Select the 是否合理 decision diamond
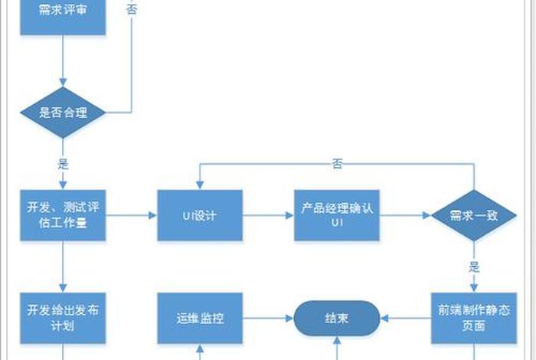[x=62, y=113]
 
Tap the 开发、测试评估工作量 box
[x=62, y=215]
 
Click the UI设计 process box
[x=199, y=215]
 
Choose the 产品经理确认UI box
[x=336, y=215]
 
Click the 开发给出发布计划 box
[x=62, y=317]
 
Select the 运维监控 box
[x=199, y=317]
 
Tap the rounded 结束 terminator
[x=337, y=317]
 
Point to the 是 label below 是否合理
[x=63, y=163]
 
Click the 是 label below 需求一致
[x=474, y=267]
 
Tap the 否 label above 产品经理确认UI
[x=337, y=163]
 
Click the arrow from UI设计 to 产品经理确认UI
[x=268, y=215]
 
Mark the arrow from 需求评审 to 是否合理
[x=62, y=61]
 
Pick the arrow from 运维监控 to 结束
[x=268, y=317]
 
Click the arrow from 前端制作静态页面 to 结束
[x=406, y=317]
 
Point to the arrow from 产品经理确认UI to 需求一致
[x=405, y=215]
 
